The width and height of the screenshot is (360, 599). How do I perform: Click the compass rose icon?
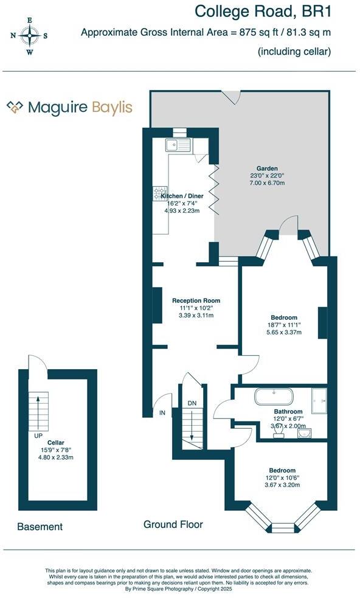29,36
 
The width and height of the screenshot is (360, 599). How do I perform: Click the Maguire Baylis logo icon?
15,108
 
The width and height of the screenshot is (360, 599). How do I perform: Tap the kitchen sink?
178,145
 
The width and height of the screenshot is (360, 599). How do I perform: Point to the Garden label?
267,168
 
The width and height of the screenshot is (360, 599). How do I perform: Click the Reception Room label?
196,300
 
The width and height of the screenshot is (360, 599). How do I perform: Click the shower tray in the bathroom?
318,397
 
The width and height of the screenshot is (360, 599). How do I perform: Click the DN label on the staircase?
192,403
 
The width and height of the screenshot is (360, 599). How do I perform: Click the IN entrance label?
162,413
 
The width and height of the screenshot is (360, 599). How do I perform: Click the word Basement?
40,527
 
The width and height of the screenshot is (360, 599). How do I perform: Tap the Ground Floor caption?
173,524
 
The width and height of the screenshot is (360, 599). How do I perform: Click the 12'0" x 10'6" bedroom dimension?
282,478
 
